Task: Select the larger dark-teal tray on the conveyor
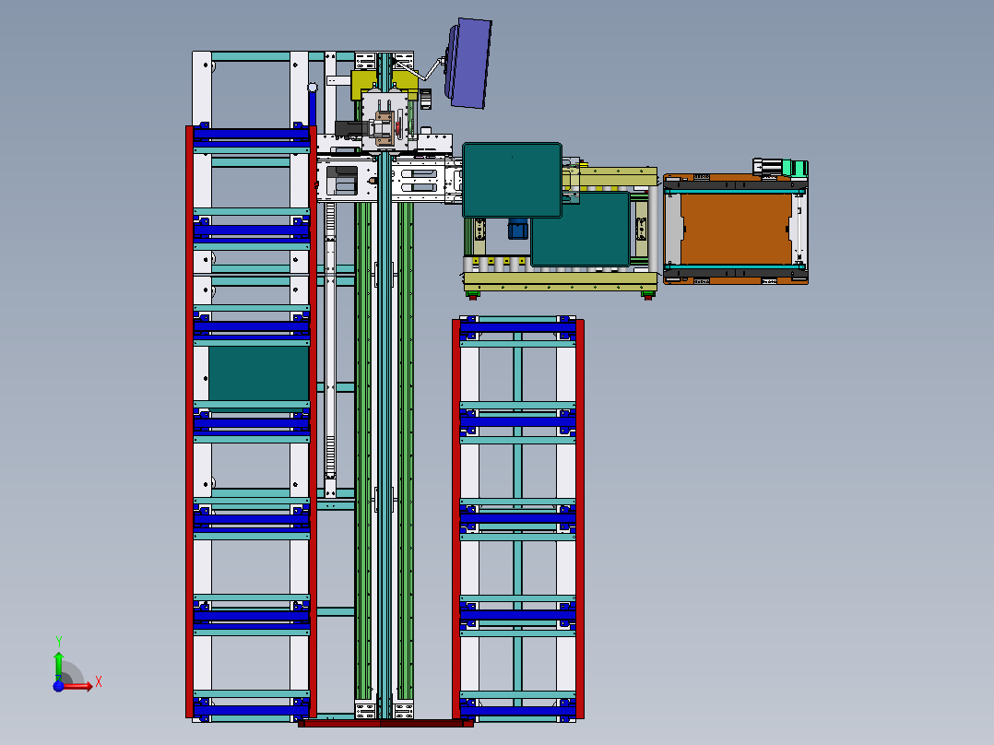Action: coord(512,179)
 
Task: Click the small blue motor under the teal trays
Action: coord(517,229)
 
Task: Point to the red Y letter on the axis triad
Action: coord(59,641)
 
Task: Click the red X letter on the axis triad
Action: coord(98,682)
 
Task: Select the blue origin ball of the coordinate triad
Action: coord(59,686)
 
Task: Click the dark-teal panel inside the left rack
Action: coord(258,372)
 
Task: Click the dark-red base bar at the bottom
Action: coord(385,724)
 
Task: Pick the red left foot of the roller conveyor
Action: coord(473,296)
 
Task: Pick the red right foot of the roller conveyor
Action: coord(649,296)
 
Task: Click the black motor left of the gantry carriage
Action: coord(349,131)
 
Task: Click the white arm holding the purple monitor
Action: coord(427,69)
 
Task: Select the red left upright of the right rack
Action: coord(456,516)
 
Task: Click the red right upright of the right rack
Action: coord(580,516)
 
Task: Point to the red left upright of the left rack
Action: coord(189,424)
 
